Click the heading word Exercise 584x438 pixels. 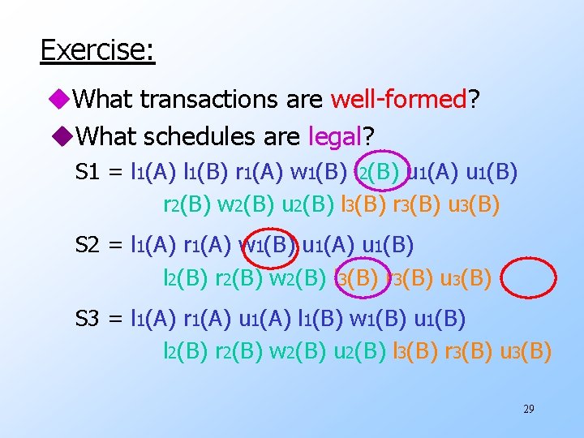point(97,50)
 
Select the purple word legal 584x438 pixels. point(335,136)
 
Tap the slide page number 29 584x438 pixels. point(528,409)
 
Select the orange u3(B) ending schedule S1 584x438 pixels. point(474,205)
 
